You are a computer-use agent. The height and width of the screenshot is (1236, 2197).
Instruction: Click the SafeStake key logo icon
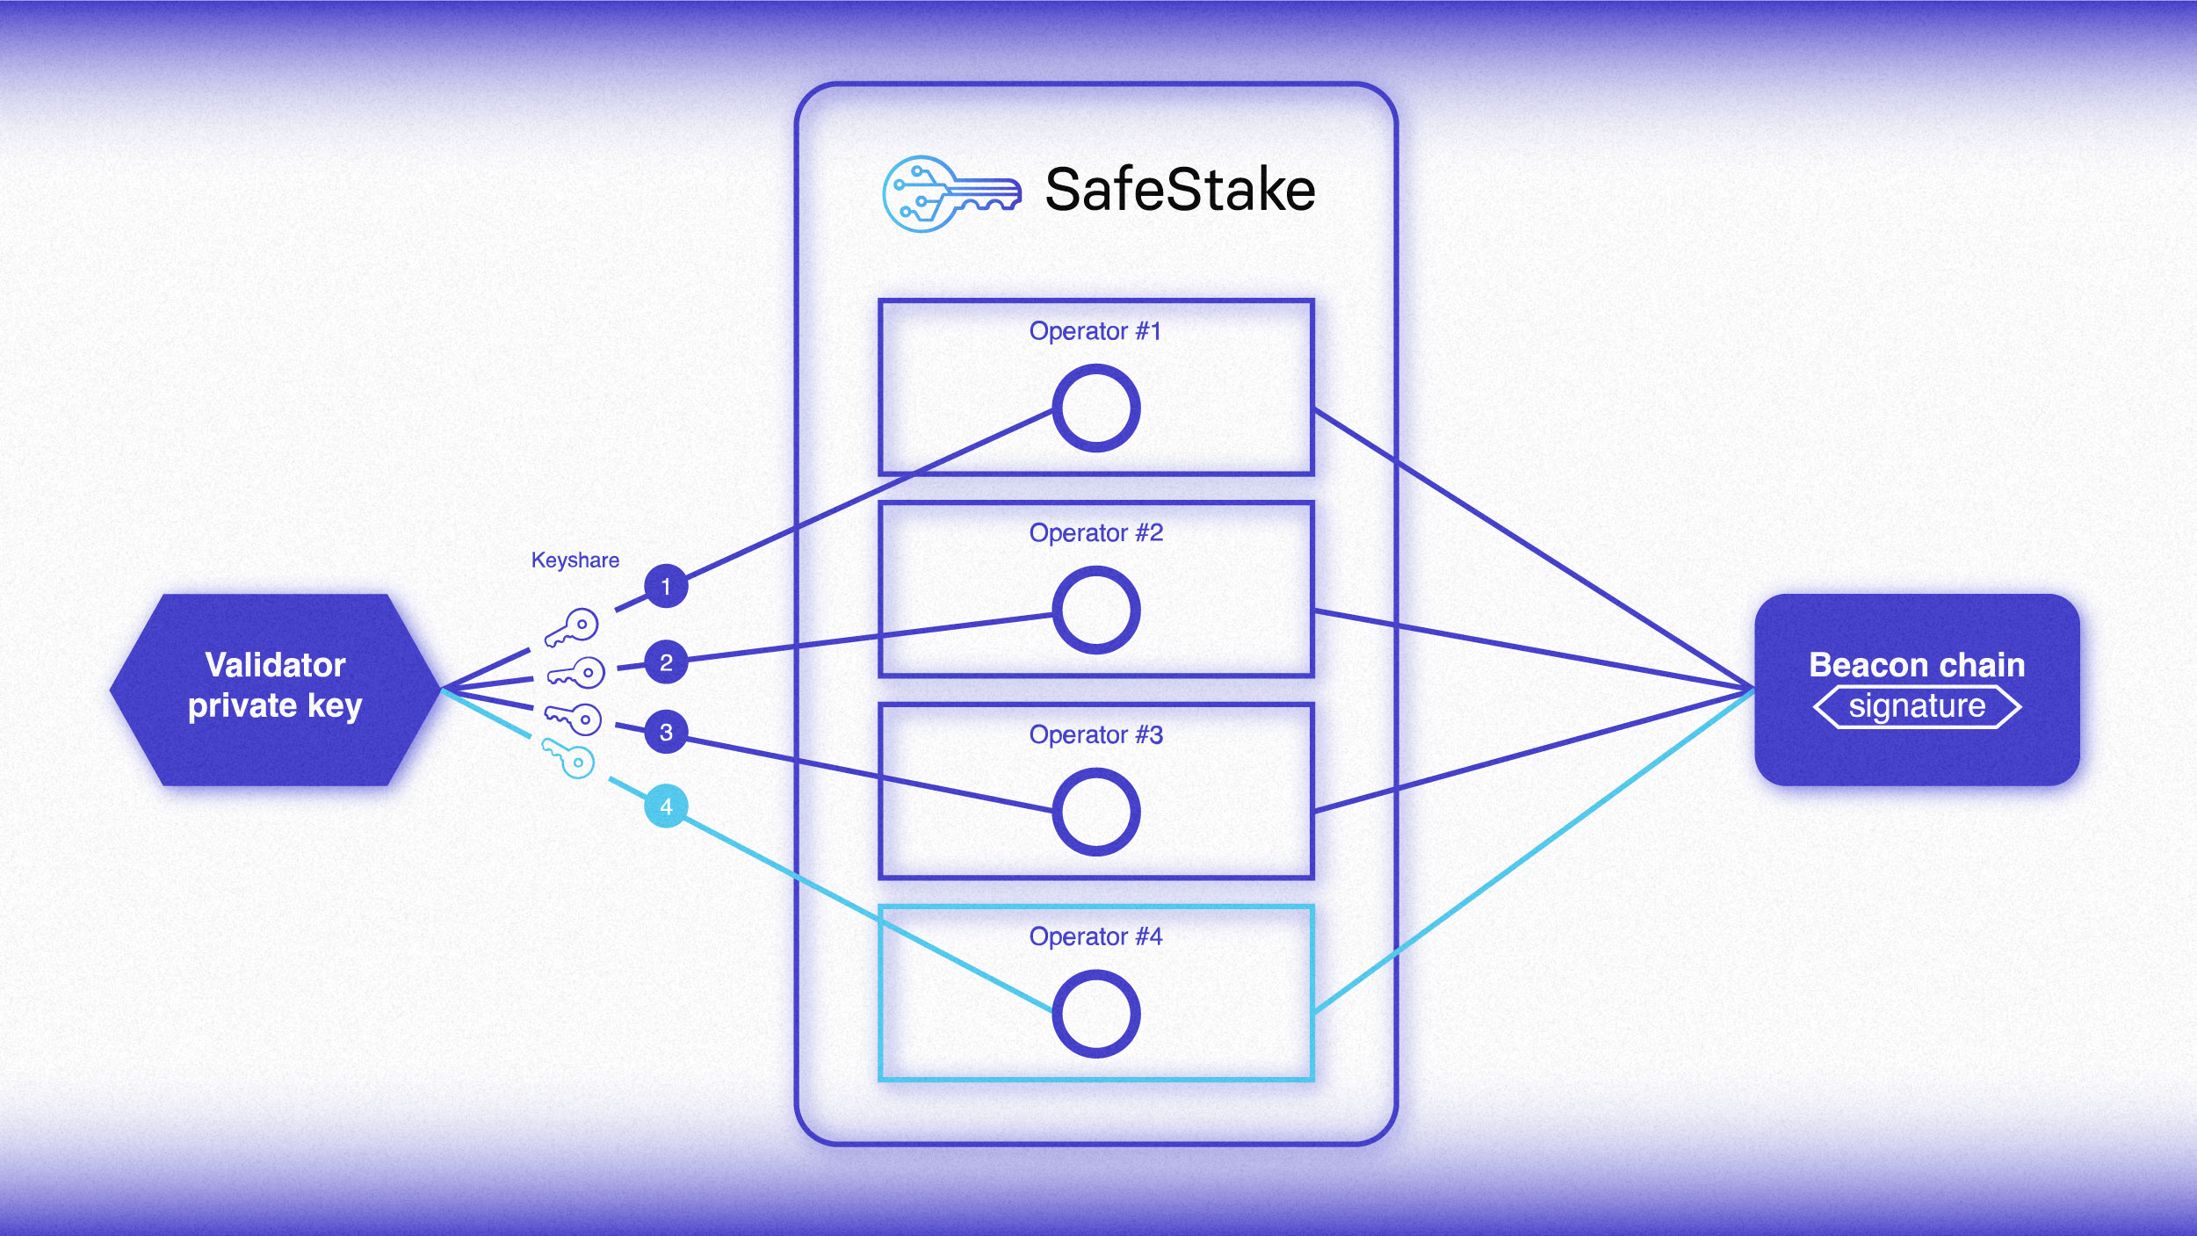click(950, 194)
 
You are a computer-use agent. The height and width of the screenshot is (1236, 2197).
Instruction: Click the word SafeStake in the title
click(1180, 190)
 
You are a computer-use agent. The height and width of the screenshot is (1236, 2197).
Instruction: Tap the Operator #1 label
click(1095, 331)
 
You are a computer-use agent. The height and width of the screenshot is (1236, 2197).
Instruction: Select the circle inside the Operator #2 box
click(1096, 610)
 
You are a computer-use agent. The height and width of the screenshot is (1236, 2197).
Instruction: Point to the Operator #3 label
click(1095, 734)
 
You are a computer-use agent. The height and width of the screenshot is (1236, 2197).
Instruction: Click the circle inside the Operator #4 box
click(1096, 1014)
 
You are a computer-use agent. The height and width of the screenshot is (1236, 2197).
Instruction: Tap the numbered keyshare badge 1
click(666, 586)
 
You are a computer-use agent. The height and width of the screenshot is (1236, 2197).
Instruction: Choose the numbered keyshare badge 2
click(666, 662)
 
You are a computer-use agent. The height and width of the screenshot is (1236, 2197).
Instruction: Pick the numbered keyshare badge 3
click(666, 732)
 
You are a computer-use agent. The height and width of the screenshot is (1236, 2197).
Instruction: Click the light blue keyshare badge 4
click(666, 806)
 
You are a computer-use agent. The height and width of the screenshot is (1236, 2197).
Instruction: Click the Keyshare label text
click(575, 560)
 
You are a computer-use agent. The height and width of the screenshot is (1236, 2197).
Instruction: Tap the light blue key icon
click(568, 758)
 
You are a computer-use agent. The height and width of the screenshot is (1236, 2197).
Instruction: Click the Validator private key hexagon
click(275, 690)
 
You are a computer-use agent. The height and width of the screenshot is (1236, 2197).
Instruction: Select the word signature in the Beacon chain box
click(1917, 706)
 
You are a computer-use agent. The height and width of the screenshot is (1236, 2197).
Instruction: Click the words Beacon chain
click(1917, 665)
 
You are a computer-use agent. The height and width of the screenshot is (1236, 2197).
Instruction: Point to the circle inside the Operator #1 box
click(1096, 408)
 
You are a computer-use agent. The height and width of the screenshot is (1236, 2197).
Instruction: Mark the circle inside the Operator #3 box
click(1096, 812)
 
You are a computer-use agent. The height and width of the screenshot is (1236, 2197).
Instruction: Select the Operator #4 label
click(1095, 936)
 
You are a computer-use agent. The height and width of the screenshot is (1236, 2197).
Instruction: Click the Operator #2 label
click(1095, 532)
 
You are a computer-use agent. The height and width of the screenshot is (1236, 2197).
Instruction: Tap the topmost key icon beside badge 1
click(572, 627)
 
